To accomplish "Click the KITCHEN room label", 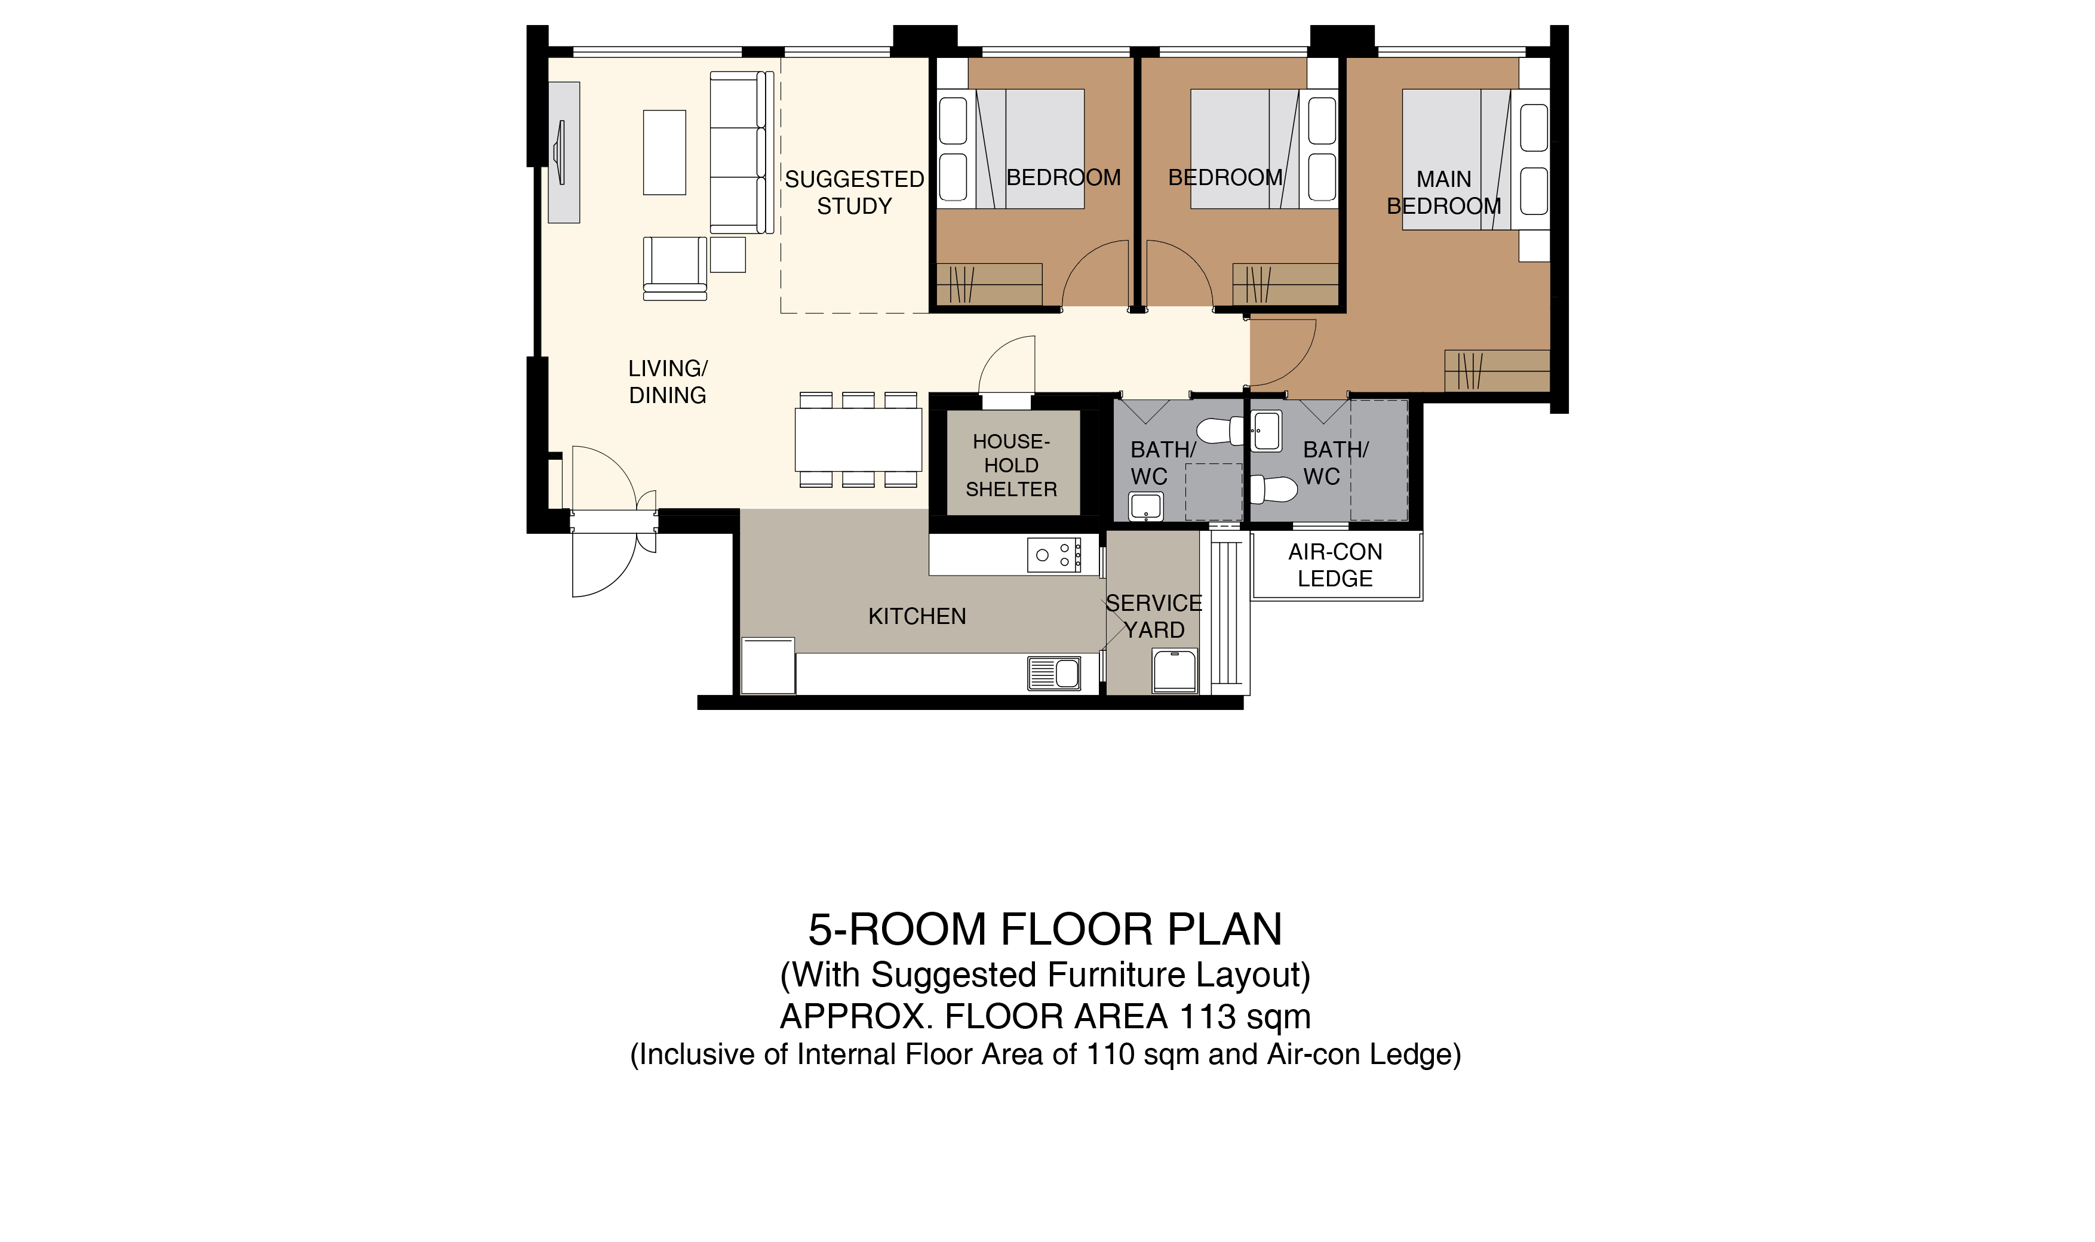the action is tap(917, 617).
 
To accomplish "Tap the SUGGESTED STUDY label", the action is tap(855, 192).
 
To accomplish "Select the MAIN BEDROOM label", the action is tap(1444, 192).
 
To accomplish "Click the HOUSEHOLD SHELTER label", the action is tap(1011, 465).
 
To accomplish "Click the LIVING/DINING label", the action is tap(668, 382).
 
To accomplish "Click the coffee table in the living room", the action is tap(665, 152).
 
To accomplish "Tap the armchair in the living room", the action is tap(675, 268).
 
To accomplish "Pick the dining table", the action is tap(858, 439).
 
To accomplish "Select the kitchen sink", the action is tap(1054, 674).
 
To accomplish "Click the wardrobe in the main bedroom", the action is tap(1497, 371).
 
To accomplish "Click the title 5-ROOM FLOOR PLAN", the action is tap(1045, 929).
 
